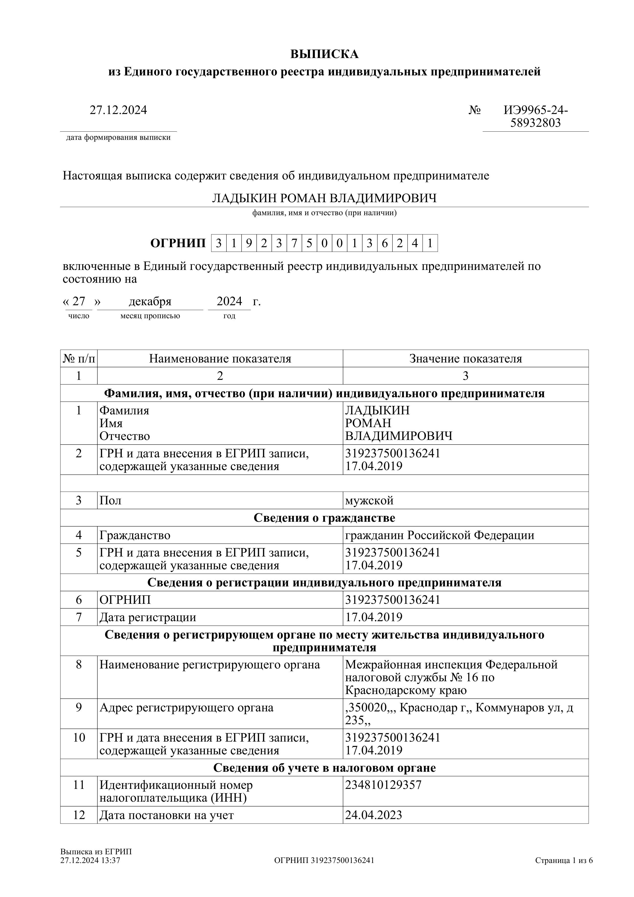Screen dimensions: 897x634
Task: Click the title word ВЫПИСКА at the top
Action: (324, 54)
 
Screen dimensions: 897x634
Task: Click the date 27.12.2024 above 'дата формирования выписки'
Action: (118, 110)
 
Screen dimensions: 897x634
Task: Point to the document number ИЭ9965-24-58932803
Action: (536, 116)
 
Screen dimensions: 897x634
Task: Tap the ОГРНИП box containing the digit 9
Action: (249, 243)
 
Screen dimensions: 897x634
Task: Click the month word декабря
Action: (150, 302)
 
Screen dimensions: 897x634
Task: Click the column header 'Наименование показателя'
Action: (220, 359)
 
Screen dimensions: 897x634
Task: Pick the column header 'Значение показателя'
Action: (465, 359)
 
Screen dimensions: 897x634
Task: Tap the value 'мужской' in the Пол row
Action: (369, 501)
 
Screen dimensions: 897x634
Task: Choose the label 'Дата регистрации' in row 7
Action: (148, 617)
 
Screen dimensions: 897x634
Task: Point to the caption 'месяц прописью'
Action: (150, 316)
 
